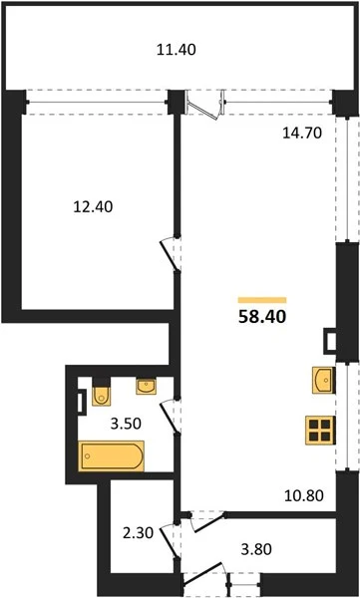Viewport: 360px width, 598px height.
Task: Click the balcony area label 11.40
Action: tap(177, 50)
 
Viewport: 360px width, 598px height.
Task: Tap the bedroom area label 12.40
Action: tap(93, 207)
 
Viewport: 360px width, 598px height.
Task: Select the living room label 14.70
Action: tap(302, 134)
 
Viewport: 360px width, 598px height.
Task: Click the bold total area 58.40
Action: tap(262, 317)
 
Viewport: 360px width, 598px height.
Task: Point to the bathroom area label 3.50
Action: tap(126, 424)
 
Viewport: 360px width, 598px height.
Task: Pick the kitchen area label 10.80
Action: tap(304, 495)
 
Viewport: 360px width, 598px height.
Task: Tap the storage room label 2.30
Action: tap(138, 533)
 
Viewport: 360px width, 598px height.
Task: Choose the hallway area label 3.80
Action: tap(256, 549)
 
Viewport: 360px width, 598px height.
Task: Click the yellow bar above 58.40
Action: tap(262, 300)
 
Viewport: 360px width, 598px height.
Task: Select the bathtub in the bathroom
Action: tap(112, 455)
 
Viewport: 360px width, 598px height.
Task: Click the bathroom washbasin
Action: tap(146, 387)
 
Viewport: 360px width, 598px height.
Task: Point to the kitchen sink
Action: tap(324, 381)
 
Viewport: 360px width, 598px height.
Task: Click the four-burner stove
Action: tap(320, 431)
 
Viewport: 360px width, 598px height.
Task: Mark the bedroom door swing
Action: tap(170, 254)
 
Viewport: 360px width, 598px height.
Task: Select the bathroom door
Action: tap(170, 416)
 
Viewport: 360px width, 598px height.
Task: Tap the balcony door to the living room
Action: tap(204, 105)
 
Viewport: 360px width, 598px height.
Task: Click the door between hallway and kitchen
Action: tap(208, 521)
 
